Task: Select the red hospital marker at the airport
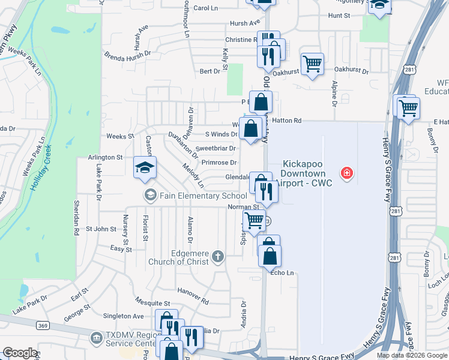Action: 346,174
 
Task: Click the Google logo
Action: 19,353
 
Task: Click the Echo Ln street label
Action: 283,273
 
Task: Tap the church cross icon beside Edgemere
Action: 217,257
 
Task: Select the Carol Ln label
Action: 205,8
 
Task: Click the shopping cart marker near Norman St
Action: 255,220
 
